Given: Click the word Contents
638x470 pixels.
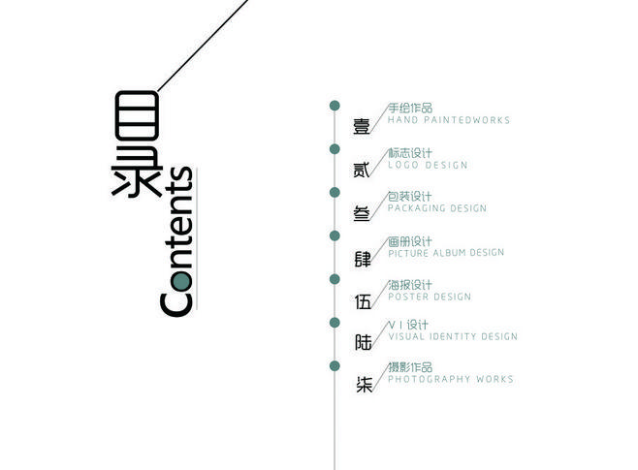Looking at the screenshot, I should tap(177, 242).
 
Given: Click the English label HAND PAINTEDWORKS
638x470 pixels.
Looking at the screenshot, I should tap(448, 121).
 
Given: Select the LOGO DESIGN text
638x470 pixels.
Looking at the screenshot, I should tap(428, 166).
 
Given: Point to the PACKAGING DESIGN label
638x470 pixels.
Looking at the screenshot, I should tap(437, 208).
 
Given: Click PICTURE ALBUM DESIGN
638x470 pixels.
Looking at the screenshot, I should tap(446, 253).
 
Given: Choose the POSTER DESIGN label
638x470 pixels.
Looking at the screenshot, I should tap(429, 297).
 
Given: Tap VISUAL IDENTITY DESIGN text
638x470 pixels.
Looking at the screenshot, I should tap(453, 337).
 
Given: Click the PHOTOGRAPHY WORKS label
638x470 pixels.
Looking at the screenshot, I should tap(451, 379).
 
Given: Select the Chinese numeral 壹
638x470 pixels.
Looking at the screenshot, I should tap(362, 127).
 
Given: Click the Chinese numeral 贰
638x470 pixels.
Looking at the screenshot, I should tap(362, 171).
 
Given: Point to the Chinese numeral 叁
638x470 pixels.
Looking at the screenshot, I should tap(362, 215).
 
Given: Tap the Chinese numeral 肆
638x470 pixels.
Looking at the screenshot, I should tap(363, 259).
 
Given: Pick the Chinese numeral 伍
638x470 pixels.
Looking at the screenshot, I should tap(363, 301).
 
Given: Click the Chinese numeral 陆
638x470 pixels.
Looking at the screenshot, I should tap(363, 342).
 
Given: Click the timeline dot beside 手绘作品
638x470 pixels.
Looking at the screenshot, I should tap(335, 105).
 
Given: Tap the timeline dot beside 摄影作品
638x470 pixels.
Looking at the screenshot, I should tap(335, 365).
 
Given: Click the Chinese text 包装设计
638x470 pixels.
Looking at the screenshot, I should tap(410, 196).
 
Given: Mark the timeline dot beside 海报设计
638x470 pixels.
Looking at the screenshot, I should tap(335, 280).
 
